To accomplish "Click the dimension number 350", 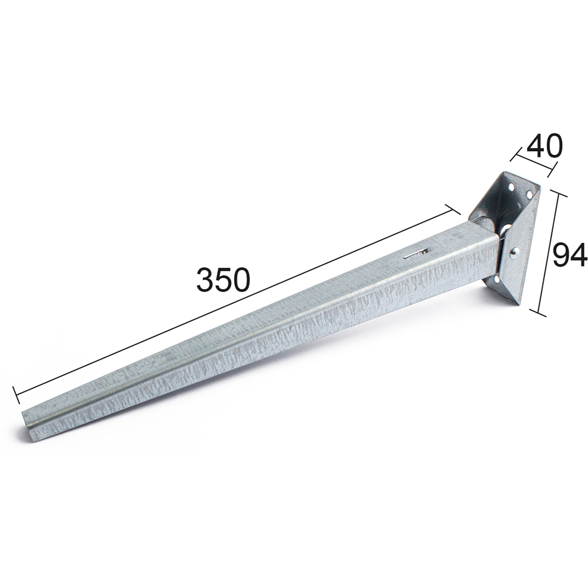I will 223,280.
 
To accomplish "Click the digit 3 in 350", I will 206,280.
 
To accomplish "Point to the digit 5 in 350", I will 224,280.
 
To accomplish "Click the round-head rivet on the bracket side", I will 515,253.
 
